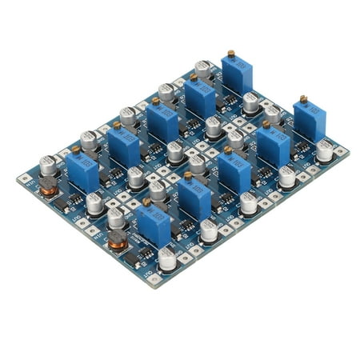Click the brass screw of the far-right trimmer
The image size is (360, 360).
[303, 99]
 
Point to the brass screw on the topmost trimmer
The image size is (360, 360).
[231, 53]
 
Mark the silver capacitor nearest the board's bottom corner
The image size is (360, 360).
[167, 257]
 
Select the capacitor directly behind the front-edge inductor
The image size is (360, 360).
[117, 216]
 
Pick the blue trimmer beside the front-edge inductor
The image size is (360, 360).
[153, 226]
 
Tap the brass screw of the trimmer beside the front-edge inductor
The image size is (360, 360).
[147, 203]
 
